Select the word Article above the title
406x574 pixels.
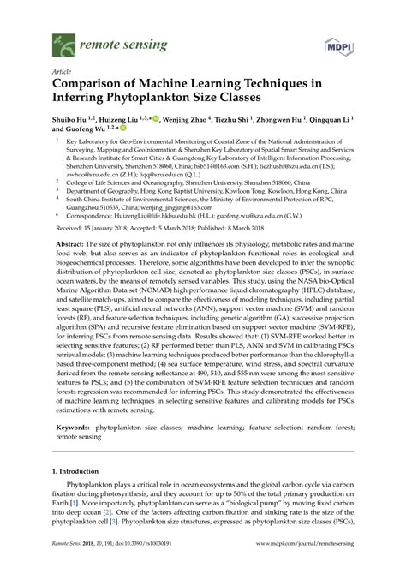coord(62,73)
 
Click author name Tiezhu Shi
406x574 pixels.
coord(233,122)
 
